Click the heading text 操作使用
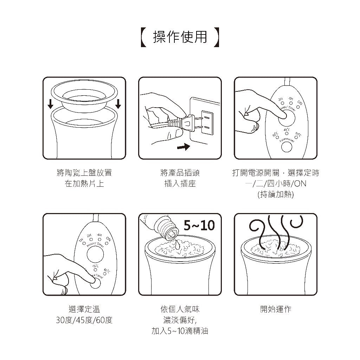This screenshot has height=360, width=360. coord(180,37)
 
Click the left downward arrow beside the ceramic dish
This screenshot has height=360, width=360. coord(51,103)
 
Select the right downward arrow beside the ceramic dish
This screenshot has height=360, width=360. coord(118,103)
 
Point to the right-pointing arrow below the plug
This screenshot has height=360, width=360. coord(183,146)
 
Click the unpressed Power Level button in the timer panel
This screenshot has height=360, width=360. coord(287,147)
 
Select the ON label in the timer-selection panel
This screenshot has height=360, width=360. coord(300,103)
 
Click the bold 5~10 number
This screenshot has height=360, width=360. coord(199,225)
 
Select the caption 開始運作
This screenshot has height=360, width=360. coord(276,309)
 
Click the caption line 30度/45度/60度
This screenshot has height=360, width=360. coord(84,320)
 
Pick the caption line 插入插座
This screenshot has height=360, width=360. coord(180,184)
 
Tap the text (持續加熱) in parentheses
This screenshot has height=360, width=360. coord(276,194)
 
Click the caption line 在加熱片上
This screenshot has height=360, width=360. coord(84,184)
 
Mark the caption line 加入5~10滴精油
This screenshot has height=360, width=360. coord(180,331)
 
